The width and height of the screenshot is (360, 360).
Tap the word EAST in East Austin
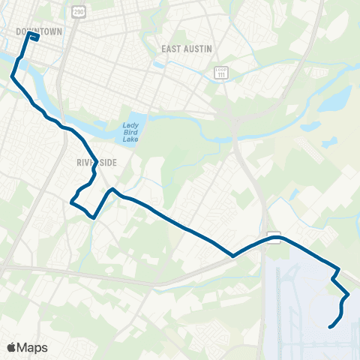point(172,49)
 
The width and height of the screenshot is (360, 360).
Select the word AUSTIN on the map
point(199,49)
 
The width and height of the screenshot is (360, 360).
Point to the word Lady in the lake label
point(131,126)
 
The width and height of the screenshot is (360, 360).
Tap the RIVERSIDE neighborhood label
point(94,161)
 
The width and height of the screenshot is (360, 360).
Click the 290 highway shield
point(79,13)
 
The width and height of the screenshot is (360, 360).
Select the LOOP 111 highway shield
point(220,73)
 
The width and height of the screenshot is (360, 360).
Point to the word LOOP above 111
point(220,69)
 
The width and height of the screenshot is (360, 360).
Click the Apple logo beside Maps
point(12,347)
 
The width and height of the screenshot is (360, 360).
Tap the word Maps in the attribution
point(33,347)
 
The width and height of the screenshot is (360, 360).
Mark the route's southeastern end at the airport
point(329,326)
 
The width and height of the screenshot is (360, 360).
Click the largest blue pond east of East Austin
point(335,99)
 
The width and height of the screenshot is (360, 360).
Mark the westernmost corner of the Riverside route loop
point(71,202)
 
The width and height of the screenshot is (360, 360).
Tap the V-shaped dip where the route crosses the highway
point(233,255)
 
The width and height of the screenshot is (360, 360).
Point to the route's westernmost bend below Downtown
point(12,76)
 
